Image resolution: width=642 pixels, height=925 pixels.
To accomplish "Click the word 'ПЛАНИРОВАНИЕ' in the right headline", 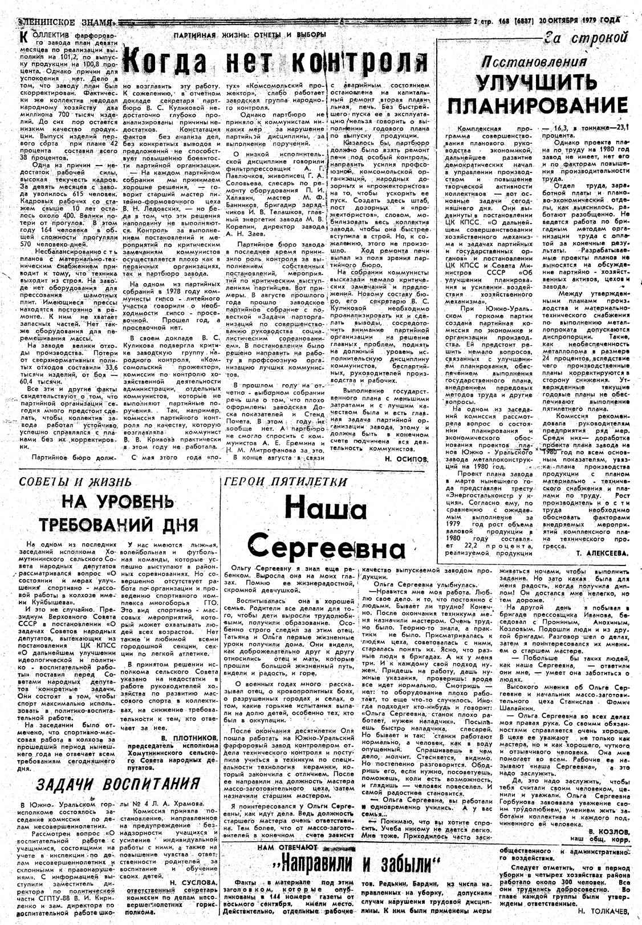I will coord(537,106).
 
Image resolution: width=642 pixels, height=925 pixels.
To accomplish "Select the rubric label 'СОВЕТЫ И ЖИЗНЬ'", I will coord(76,482).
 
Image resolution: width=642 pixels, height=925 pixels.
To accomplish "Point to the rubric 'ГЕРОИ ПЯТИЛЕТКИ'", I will coord(286,481).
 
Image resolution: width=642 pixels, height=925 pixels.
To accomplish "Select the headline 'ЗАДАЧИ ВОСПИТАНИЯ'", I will coord(117,783).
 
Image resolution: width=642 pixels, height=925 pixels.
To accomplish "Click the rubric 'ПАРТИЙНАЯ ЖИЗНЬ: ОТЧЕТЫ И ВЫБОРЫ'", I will coord(250,35).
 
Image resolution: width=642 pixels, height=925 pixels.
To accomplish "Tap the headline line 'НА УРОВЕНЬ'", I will coord(117,503).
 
